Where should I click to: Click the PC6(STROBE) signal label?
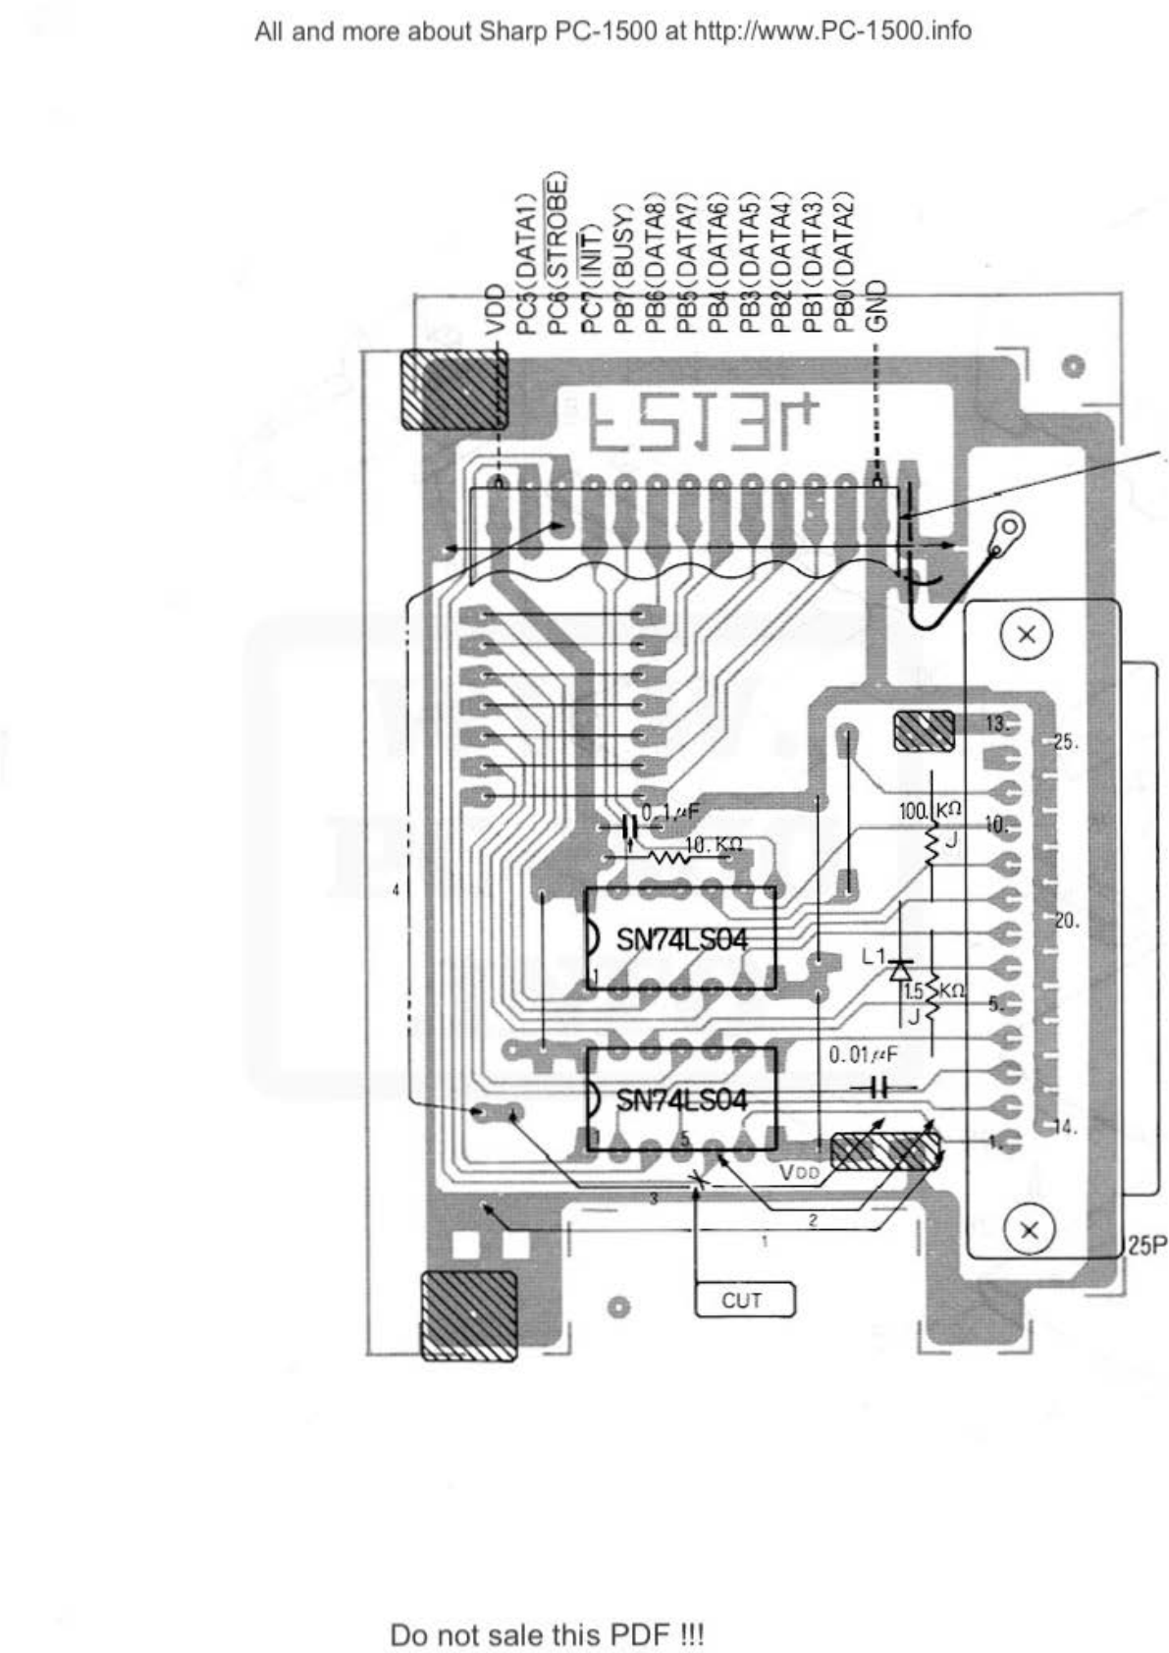(x=557, y=255)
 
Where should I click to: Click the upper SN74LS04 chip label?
(x=681, y=939)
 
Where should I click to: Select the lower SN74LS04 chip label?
(x=681, y=1099)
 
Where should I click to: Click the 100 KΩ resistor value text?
(x=930, y=812)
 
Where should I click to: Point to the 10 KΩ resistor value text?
(x=714, y=844)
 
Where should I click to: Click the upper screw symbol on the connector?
(x=1027, y=634)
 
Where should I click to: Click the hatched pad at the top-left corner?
(x=453, y=389)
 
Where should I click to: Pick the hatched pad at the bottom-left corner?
(x=468, y=1314)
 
